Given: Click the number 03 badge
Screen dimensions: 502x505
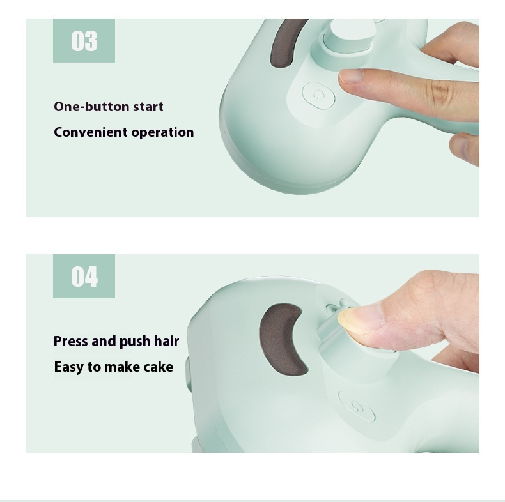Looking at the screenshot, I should coord(84,41).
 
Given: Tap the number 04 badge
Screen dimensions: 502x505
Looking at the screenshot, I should coord(84,277).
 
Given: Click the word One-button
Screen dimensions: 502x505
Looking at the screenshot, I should coord(91,107).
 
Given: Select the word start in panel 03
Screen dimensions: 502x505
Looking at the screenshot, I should coord(148,107).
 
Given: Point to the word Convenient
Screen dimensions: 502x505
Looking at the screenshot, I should coord(90,132).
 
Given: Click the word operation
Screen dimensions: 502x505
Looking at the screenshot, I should coord(162,133).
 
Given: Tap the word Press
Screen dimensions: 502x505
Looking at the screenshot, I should coord(71,341).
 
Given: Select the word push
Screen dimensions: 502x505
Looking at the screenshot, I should coord(133,342).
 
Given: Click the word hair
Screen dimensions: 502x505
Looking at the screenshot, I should coord(166,341).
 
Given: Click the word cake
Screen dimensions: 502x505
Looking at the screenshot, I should coord(159,367).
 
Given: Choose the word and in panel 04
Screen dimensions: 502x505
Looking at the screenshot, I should coord(102,341).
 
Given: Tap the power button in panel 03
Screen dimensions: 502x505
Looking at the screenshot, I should coord(318,96).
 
